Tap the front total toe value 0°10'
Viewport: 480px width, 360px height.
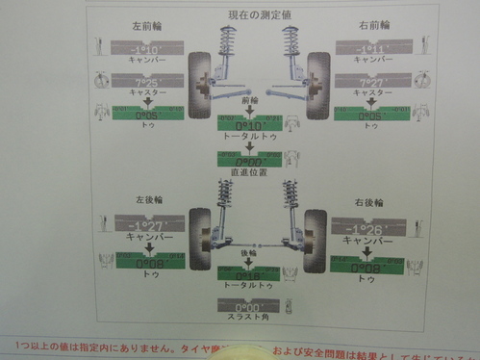click(x=249, y=125)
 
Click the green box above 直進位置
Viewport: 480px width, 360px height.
click(x=249, y=160)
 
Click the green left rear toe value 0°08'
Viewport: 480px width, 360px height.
click(x=141, y=262)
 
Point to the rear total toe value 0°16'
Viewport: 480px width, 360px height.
click(x=250, y=275)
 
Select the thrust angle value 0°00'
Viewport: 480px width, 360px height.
click(x=250, y=307)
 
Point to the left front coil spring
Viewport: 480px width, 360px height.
click(x=229, y=40)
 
